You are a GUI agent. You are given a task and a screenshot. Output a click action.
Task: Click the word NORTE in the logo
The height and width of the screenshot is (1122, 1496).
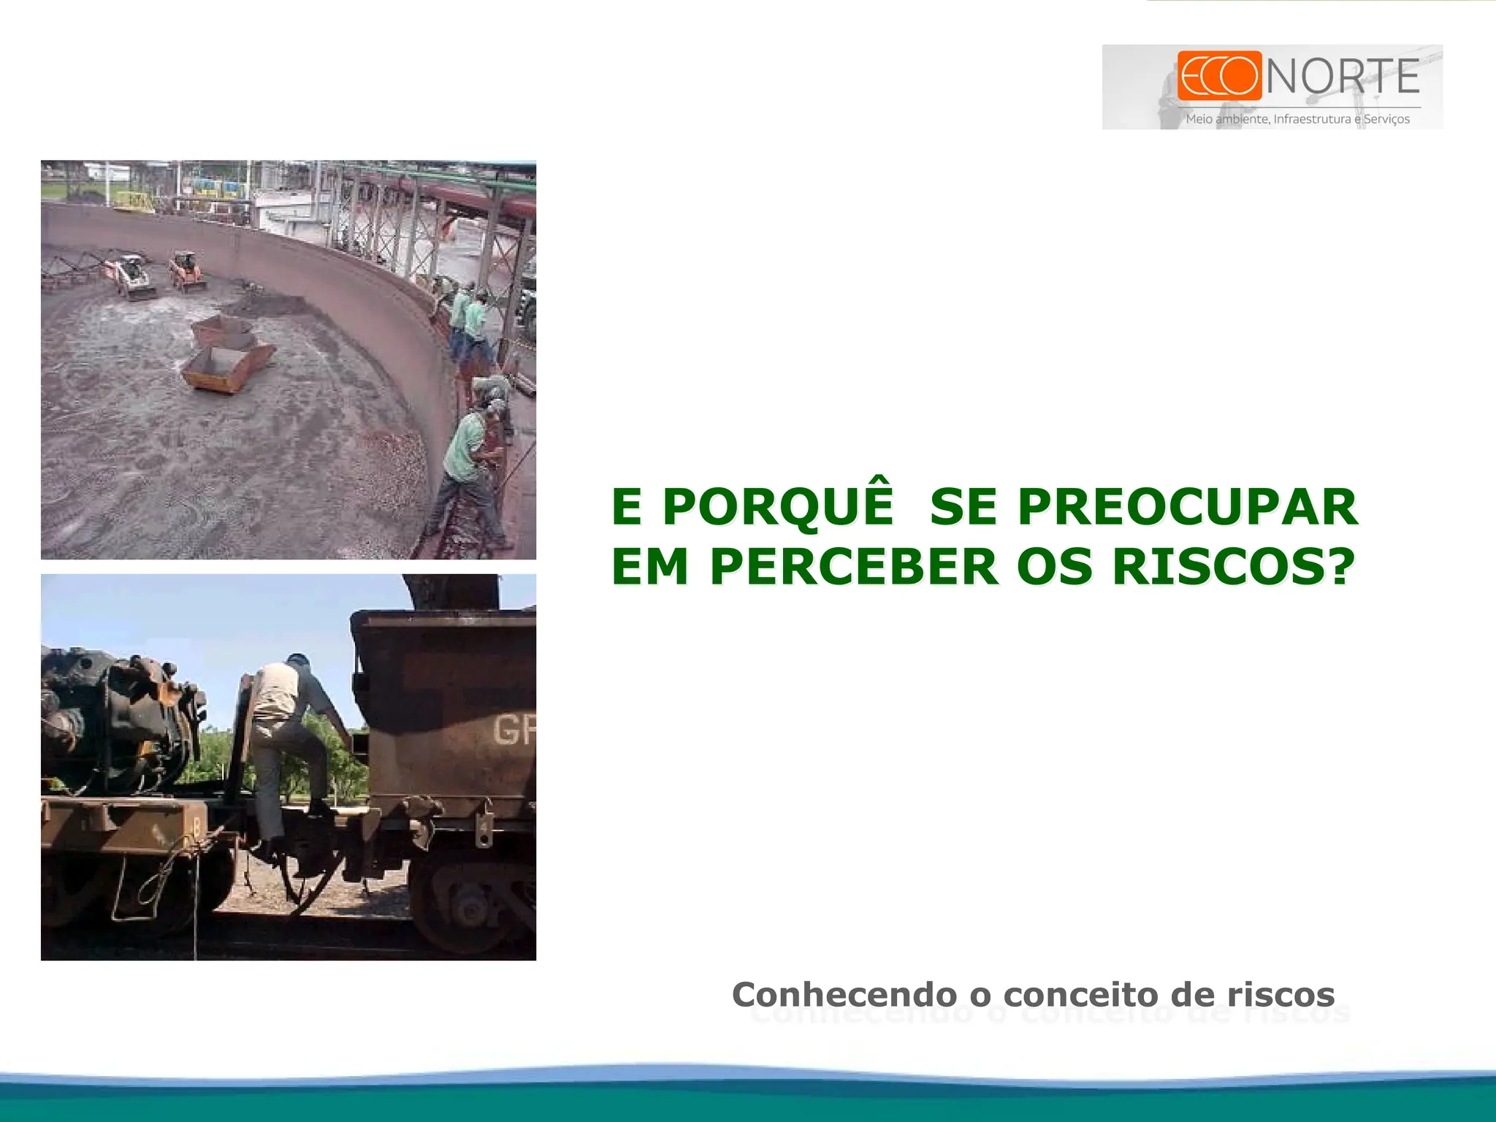tap(1343, 77)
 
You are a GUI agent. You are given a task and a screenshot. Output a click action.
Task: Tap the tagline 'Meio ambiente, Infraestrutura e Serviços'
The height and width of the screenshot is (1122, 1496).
tap(1297, 119)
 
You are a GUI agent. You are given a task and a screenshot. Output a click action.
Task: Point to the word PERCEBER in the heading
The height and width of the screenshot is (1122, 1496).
tap(853, 566)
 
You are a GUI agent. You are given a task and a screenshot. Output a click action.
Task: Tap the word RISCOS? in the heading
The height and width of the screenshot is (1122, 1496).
tap(1233, 566)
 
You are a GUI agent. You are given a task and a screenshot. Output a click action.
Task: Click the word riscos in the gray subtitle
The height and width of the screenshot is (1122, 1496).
tap(1280, 994)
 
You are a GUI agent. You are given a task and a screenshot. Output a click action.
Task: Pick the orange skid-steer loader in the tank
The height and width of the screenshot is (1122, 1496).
tap(187, 270)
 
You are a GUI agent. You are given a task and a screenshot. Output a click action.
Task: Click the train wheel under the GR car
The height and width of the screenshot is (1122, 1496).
tap(467, 906)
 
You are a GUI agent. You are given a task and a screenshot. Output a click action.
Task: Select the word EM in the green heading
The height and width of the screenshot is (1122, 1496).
tap(649, 566)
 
